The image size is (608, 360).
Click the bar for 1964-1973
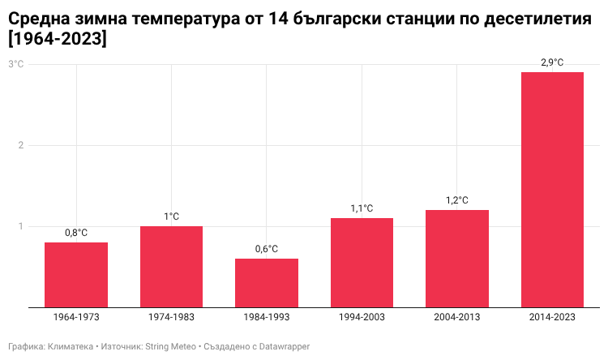[x=76, y=275]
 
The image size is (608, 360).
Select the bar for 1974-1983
[x=171, y=267]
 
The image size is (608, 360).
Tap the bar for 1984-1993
[x=267, y=283]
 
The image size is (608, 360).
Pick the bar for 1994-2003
[x=362, y=263]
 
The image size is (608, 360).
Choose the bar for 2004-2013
[x=457, y=259]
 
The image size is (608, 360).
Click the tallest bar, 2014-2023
[x=552, y=190]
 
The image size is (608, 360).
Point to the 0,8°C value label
[x=76, y=233]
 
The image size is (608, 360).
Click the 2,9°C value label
[x=552, y=62]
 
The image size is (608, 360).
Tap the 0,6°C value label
[x=267, y=249]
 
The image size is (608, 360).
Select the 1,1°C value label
[x=362, y=208]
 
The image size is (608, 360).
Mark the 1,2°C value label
[x=457, y=200]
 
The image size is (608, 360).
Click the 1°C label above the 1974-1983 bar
[x=171, y=216]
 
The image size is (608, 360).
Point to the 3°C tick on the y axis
[x=16, y=64]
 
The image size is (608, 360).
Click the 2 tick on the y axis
[x=21, y=145]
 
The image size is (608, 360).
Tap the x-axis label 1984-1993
[x=267, y=317]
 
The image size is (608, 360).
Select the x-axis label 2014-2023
[x=552, y=317]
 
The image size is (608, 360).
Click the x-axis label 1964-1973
[x=76, y=317]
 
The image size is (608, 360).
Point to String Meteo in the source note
[x=170, y=346]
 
